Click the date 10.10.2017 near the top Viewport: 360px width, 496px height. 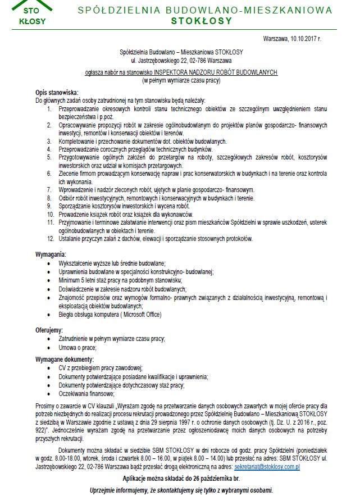click(305, 39)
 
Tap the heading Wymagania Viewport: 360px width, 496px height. click(51, 254)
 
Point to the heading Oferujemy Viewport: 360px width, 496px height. click(49, 330)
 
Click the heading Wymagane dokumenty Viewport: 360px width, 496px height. click(65, 358)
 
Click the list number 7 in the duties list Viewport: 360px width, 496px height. click(49, 190)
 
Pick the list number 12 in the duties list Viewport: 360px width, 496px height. click(50, 238)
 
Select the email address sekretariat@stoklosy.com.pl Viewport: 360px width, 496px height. click(267, 466)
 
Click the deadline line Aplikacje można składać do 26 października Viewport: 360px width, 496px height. click(181, 478)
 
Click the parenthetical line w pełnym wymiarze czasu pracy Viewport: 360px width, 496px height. click(181, 80)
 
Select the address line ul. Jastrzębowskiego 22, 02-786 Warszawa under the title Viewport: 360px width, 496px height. click(181, 60)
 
